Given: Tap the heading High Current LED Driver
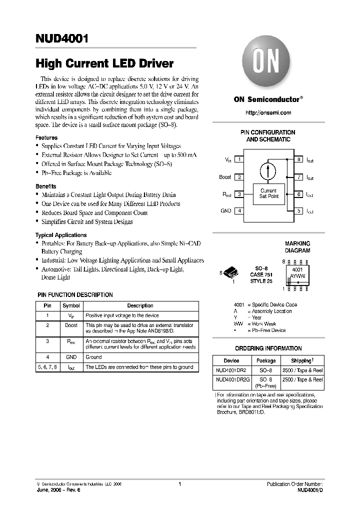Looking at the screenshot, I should coord(104,63).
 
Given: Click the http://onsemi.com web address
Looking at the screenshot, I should coord(268,113).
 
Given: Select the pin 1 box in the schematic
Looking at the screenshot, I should coord(240,159).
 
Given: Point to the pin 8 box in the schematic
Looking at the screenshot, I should coord(298,159).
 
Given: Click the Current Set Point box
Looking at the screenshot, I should coord(268,193).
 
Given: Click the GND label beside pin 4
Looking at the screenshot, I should coord(225,211).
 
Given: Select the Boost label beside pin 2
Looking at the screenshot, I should coord(225,177).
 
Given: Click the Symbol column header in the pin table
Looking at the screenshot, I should coord(70,305).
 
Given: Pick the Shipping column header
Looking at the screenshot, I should coord(302,360).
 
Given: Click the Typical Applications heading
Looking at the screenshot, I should coord(60,235).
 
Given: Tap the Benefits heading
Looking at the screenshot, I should coord(45,186).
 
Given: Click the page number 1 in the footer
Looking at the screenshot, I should coord(179,484).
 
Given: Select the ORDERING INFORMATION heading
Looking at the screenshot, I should coord(268,348).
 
